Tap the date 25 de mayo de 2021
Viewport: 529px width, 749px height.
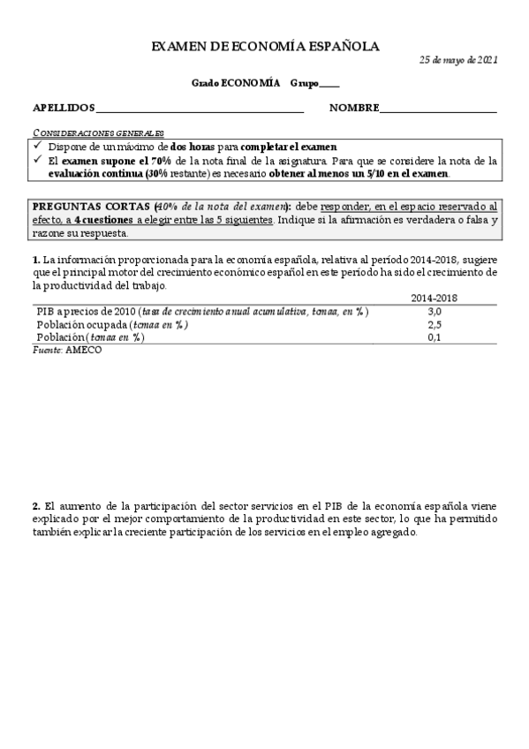pyautogui.click(x=458, y=60)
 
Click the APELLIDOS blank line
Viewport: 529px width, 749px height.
pyautogui.click(x=199, y=110)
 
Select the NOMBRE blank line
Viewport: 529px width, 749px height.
pyautogui.click(x=438, y=110)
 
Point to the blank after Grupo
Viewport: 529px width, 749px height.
pyautogui.click(x=329, y=85)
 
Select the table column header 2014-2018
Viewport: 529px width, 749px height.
pyautogui.click(x=434, y=299)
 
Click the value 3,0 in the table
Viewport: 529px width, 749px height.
pyautogui.click(x=434, y=312)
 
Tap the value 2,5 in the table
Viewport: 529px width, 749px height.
pyautogui.click(x=434, y=325)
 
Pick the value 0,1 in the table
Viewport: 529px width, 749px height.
pyautogui.click(x=434, y=337)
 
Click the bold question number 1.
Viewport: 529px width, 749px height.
pyautogui.click(x=35, y=260)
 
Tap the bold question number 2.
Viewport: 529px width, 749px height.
pyautogui.click(x=35, y=506)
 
